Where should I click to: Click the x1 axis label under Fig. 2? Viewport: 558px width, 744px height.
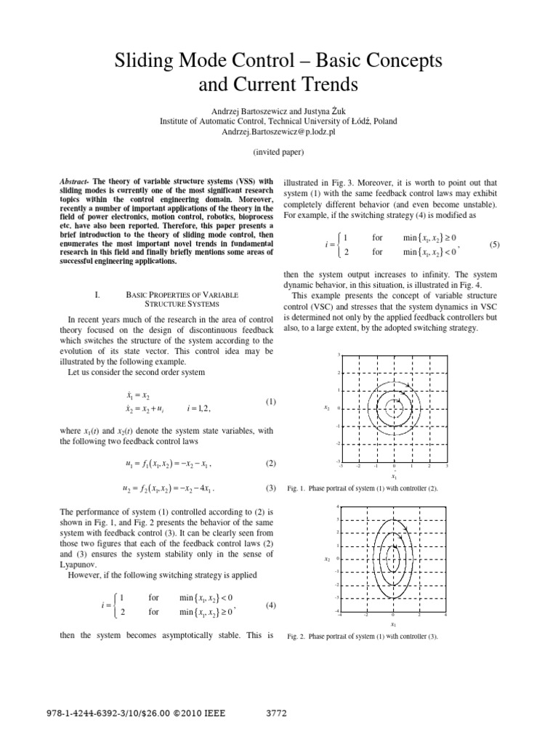[x=393, y=624]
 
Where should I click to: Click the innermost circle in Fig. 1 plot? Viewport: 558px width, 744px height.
[x=393, y=408]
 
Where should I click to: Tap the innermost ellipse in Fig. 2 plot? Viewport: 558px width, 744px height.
[x=393, y=559]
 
